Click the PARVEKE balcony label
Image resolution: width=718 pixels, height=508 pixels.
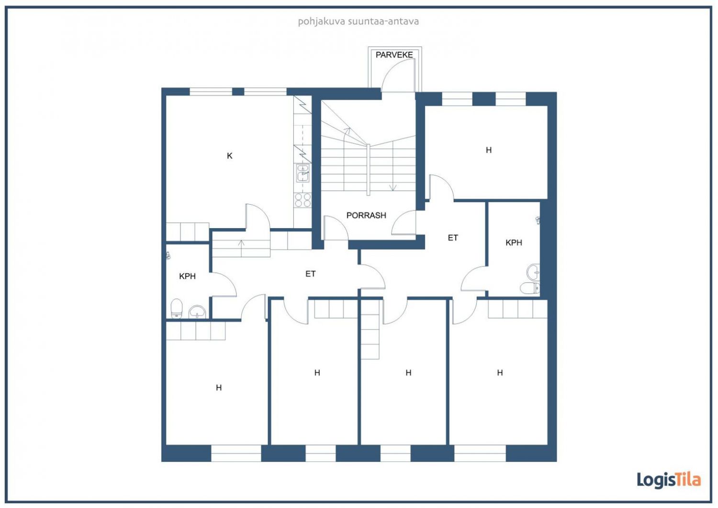coord(394,55)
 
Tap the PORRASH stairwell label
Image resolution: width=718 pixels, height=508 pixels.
coord(366,215)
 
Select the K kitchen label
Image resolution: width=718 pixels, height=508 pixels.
coord(229,156)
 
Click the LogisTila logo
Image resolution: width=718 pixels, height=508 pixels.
coord(669,480)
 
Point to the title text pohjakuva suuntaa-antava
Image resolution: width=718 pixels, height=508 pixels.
coord(359,22)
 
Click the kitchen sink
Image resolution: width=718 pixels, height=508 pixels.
coord(303,173)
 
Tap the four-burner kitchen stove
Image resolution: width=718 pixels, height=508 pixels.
coord(303,200)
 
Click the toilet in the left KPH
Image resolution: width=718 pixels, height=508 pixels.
coord(176,308)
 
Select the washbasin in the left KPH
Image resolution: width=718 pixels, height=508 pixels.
coord(197,312)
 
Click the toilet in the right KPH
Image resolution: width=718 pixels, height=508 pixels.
coord(530,288)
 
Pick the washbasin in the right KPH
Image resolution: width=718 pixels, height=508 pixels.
coord(533,272)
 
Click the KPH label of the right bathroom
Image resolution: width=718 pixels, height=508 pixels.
coord(514,243)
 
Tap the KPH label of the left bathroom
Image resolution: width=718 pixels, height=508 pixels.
coord(187,277)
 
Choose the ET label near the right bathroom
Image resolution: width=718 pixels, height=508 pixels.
coord(453,238)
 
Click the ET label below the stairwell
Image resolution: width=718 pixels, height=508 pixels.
coord(310,274)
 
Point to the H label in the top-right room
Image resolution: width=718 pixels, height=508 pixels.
coord(489,150)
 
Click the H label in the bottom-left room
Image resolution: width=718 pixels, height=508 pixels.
coord(219,388)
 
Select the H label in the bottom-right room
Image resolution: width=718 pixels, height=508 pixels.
coord(500,372)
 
